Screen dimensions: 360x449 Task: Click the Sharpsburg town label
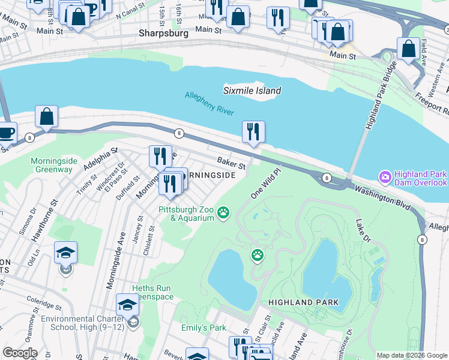pyautogui.click(x=163, y=34)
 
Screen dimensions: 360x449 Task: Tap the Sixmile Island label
pyautogui.click(x=252, y=91)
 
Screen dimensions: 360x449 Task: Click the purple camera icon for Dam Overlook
pyautogui.click(x=384, y=178)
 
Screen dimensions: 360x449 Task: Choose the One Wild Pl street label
pyautogui.click(x=265, y=182)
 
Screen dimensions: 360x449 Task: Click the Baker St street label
pyautogui.click(x=232, y=163)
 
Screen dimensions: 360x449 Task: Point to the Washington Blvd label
pyautogui.click(x=382, y=197)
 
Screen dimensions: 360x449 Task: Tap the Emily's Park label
pyautogui.click(x=203, y=328)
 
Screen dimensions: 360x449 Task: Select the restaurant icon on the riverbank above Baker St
pyautogui.click(x=253, y=132)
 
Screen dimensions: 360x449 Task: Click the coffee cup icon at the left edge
pyautogui.click(x=5, y=133)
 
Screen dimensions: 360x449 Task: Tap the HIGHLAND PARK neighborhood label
pyautogui.click(x=303, y=302)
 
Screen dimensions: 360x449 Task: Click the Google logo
pyautogui.click(x=20, y=353)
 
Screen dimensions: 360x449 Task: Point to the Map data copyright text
pyautogui.click(x=412, y=355)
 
